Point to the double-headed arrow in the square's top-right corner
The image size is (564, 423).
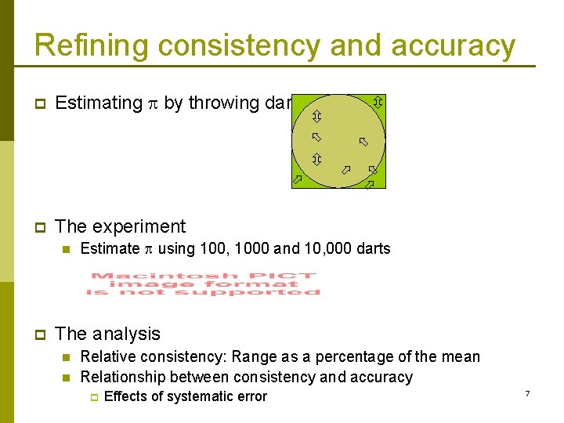pyautogui.click(x=378, y=102)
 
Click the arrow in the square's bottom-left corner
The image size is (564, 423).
pyautogui.click(x=297, y=180)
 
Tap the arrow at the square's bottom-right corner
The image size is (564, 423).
pyautogui.click(x=371, y=184)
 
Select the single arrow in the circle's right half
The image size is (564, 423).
pyautogui.click(x=363, y=142)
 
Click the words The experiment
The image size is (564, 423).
pyautogui.click(x=121, y=226)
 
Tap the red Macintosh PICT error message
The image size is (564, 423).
pyautogui.click(x=204, y=284)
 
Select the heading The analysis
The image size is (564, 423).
pyautogui.click(x=108, y=334)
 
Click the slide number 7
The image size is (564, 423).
pyautogui.click(x=527, y=392)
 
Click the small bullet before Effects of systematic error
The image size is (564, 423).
pyautogui.click(x=91, y=397)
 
